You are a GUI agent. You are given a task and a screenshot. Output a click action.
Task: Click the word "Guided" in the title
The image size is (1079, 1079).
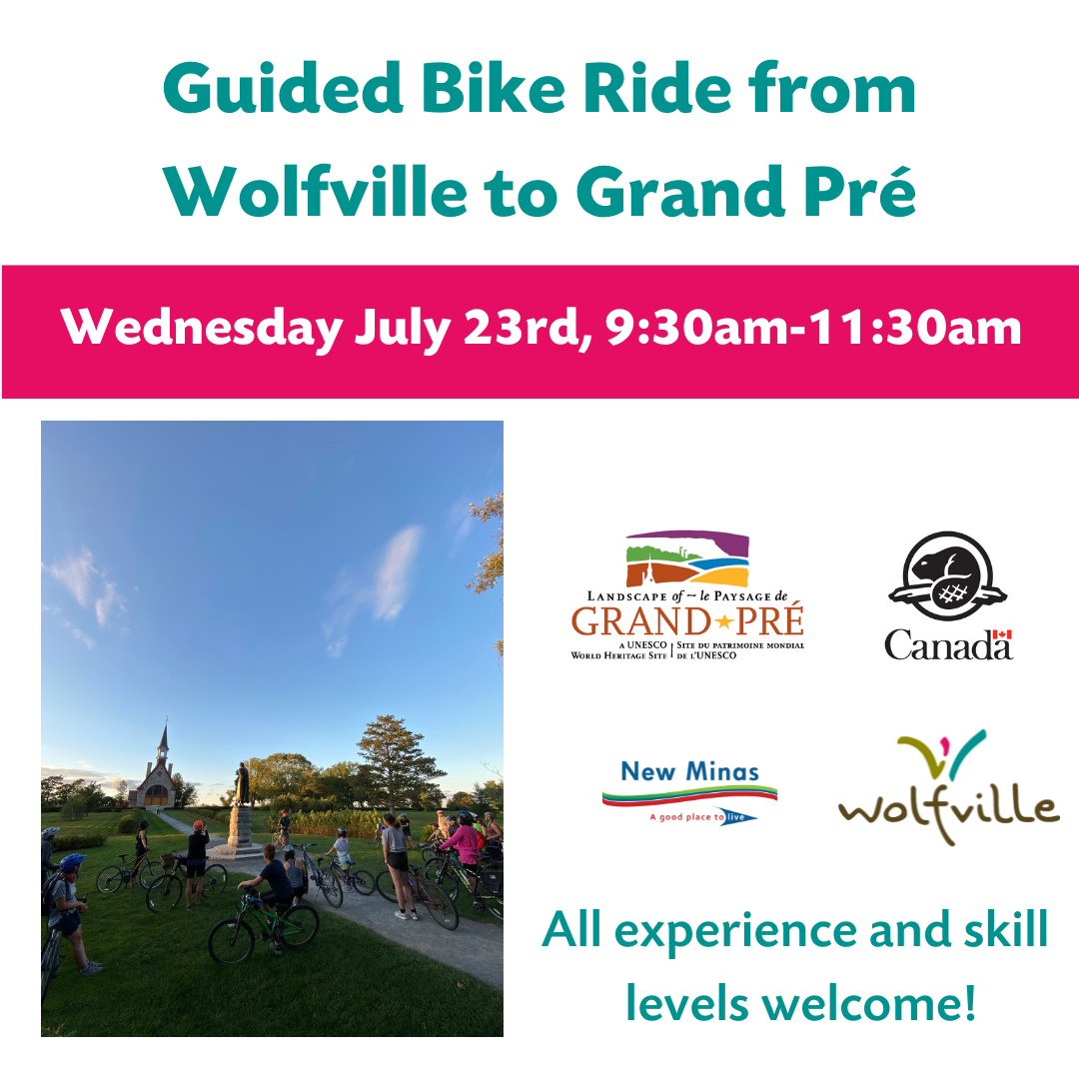pos(283,89)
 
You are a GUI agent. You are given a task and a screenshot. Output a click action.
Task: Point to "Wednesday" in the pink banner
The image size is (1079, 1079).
pos(202,328)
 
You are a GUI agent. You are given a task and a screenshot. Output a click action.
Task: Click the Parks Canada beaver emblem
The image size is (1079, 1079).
pos(947,576)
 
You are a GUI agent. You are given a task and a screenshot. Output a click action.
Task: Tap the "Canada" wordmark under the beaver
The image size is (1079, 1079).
pos(948,644)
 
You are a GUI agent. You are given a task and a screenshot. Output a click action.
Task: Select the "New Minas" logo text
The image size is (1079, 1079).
pos(689,772)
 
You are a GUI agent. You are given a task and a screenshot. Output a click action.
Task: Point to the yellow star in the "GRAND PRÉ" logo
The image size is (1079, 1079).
pos(723,622)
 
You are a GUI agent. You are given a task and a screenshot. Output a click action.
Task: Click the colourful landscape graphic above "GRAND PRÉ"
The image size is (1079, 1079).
pos(687,558)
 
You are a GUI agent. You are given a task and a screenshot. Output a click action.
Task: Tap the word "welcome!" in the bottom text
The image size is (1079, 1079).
pos(869,1004)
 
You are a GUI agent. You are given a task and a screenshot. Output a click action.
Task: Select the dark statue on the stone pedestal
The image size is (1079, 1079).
pos(242,784)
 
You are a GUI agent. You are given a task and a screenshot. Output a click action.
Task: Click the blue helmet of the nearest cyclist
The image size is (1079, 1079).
pos(72,861)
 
